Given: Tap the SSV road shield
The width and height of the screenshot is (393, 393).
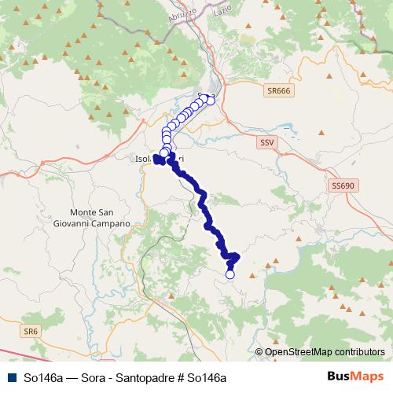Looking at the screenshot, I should point(269,142).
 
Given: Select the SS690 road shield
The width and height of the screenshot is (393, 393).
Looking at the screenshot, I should point(342,185).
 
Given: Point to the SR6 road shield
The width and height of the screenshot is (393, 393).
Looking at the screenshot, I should point(31,332).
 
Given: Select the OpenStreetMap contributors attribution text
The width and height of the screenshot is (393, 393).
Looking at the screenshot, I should point(325,352).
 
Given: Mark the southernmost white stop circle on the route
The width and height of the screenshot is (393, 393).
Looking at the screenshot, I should point(230,274).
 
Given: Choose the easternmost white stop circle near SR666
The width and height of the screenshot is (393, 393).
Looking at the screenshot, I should point(211,101).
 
